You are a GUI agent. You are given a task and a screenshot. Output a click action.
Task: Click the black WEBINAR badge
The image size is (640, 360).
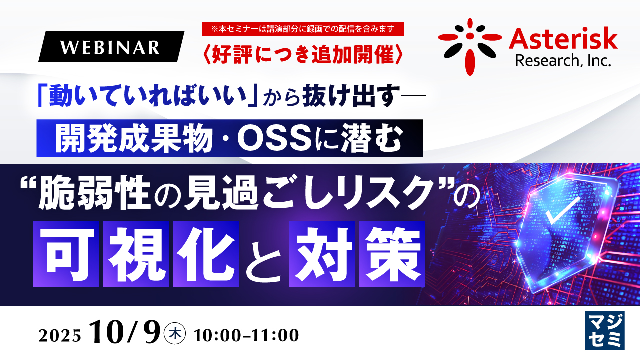(111, 47)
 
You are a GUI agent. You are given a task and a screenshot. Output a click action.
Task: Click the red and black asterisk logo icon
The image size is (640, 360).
(469, 46)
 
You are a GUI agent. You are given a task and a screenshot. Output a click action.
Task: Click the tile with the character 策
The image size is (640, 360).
(392, 254)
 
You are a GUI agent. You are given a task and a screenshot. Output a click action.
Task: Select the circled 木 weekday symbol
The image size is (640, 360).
(175, 333)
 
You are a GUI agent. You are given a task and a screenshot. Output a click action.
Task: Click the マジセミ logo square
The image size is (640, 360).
(605, 330)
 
